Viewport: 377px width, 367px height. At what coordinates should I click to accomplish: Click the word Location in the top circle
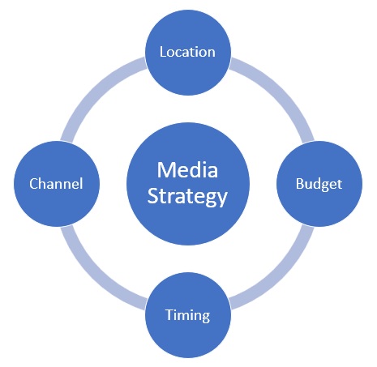(187, 52)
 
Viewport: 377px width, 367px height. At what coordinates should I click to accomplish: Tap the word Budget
(319, 185)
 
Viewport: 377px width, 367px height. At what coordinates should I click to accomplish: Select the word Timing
(187, 315)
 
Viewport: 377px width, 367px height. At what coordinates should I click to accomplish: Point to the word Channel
(56, 184)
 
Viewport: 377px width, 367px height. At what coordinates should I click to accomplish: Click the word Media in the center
(187, 170)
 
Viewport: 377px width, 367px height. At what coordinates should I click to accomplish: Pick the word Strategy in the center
(187, 197)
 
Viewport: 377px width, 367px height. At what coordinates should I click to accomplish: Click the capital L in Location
(163, 52)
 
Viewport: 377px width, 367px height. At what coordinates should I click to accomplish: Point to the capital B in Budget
(299, 184)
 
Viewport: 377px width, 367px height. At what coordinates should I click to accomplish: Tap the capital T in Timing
(169, 314)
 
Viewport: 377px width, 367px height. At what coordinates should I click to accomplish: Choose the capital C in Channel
(33, 184)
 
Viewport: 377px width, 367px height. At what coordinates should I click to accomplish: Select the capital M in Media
(165, 170)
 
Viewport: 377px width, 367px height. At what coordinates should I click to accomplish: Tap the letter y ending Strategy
(223, 199)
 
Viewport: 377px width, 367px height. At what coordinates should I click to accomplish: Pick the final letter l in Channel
(81, 184)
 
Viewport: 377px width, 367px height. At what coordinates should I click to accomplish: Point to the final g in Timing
(205, 317)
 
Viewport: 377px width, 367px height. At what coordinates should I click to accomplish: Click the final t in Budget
(340, 185)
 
